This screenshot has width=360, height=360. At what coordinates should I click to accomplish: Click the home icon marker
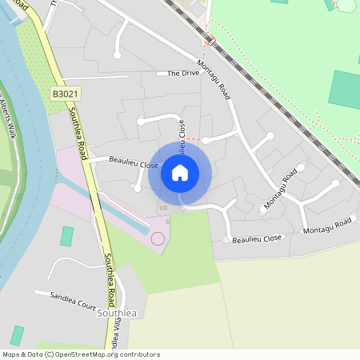click(x=180, y=173)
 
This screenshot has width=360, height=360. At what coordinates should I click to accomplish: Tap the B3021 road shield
click(x=68, y=94)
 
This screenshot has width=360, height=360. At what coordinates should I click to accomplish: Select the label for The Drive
click(x=183, y=74)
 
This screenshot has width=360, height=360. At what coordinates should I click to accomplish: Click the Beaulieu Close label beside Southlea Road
click(x=134, y=163)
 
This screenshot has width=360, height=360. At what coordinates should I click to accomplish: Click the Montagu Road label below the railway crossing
click(x=214, y=81)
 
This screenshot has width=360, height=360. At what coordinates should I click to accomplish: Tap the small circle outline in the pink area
click(x=158, y=238)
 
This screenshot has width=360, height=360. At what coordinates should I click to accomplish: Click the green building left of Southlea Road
click(x=67, y=236)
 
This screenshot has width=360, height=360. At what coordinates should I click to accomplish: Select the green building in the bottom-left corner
click(x=17, y=335)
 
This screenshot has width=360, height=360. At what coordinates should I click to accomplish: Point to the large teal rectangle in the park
click(x=345, y=89)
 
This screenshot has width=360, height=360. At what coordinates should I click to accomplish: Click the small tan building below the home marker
click(x=163, y=208)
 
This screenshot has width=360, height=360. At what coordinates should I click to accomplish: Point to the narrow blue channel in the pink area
click(x=104, y=207)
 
